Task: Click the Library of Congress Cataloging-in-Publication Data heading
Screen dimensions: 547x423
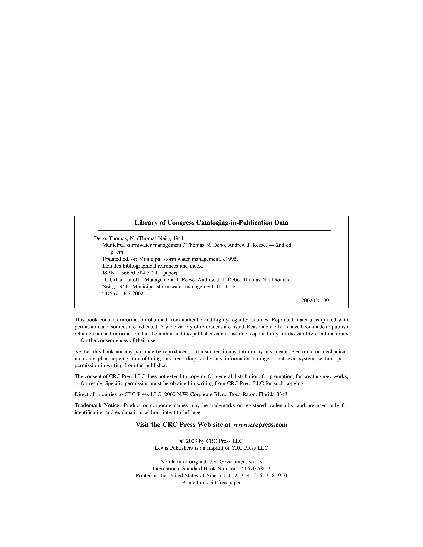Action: click(211, 223)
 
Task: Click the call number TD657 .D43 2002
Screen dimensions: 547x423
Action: click(123, 294)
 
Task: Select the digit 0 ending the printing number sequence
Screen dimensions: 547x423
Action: click(286, 475)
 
